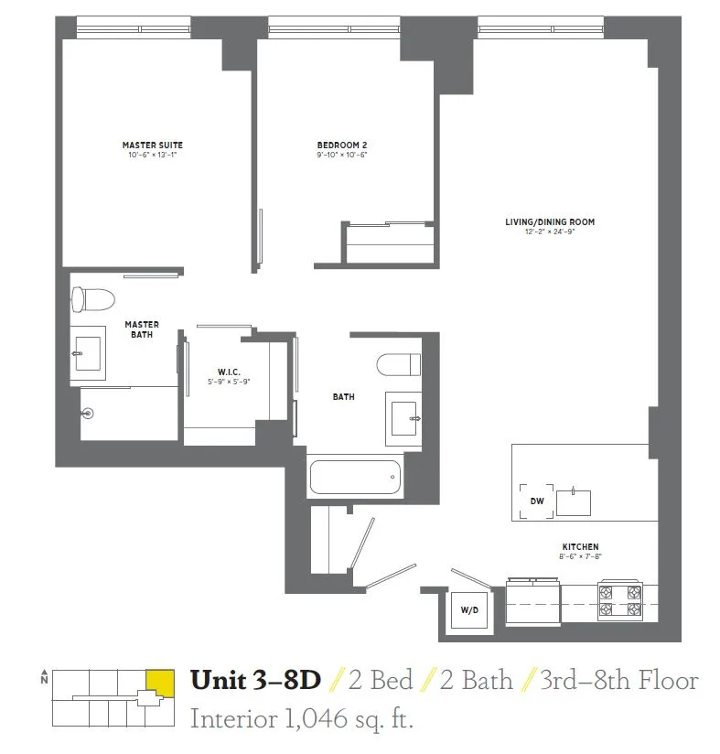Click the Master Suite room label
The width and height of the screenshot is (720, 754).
coord(153,145)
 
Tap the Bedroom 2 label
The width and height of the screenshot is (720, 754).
coord(341,145)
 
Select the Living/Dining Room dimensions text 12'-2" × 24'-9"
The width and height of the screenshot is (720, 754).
coord(550,232)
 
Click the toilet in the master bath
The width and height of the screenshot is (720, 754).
coord(92,298)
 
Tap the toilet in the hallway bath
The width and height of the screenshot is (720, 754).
coord(397,364)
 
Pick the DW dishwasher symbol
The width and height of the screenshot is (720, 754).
coord(536,501)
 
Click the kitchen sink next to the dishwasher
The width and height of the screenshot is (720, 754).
coord(574,502)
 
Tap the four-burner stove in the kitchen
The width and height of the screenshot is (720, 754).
coord(619,599)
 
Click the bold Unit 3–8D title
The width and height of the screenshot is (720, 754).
coord(255,681)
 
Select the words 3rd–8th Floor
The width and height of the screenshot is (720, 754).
coord(618,681)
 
